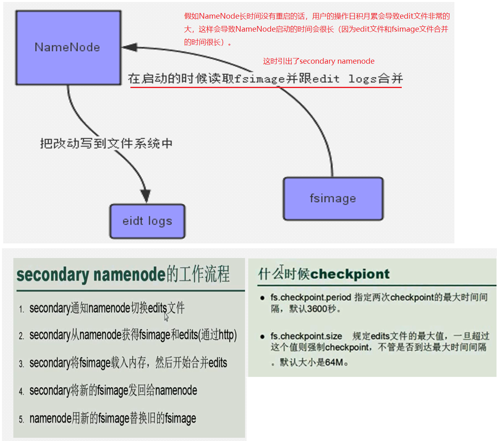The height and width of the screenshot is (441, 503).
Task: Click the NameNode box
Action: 68,47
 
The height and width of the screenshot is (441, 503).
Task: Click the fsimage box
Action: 333,198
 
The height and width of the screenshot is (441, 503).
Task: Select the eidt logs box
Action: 147,221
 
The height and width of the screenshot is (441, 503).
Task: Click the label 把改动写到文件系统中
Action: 106,143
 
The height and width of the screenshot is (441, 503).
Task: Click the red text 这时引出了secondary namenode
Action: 318,61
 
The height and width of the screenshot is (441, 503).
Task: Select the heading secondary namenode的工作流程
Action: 123,274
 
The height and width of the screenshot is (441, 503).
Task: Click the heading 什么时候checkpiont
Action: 324,274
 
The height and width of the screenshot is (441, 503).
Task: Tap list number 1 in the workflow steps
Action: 21,310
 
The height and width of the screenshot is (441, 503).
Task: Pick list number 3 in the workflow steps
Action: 21,364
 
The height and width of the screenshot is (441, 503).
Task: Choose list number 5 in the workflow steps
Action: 21,419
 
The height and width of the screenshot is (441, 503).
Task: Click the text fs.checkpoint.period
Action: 311,297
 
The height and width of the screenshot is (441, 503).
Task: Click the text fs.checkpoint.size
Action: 306,336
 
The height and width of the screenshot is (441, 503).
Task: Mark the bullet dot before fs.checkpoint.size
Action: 262,336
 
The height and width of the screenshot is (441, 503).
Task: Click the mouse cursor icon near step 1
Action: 166,316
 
